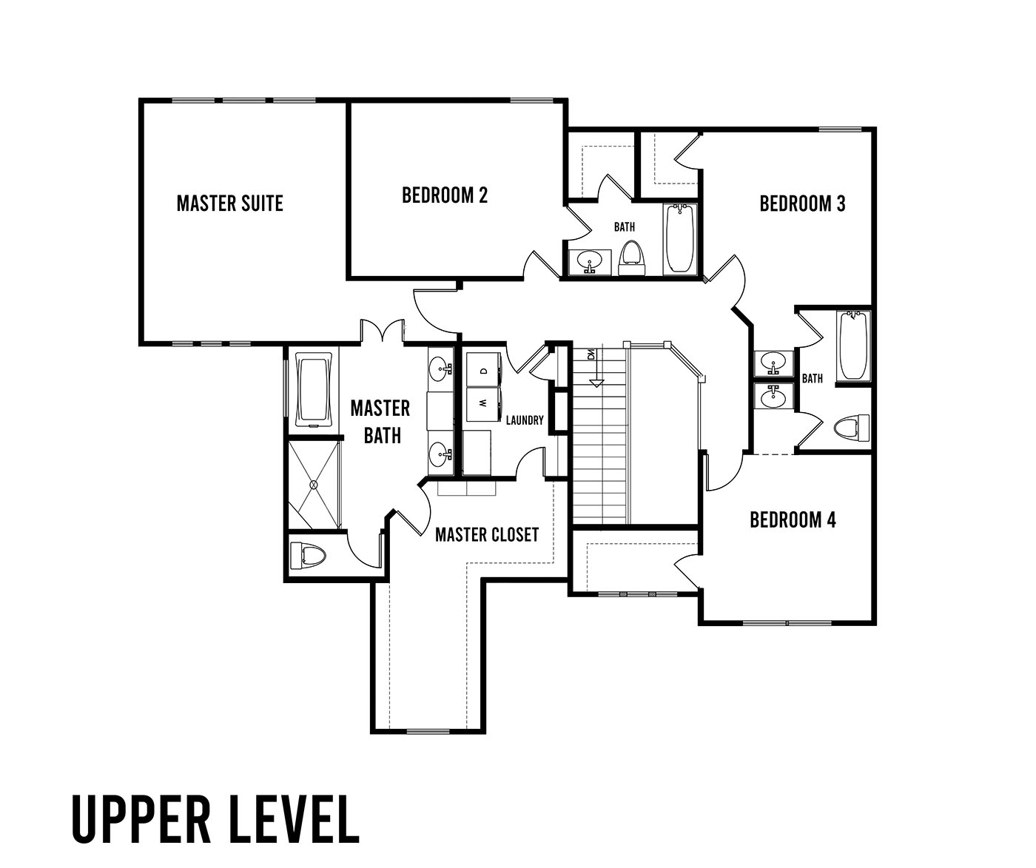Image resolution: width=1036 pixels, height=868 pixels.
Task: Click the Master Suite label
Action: point(229,203)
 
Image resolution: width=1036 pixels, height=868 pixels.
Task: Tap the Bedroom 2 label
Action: point(445,195)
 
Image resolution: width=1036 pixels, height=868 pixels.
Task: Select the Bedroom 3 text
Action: point(802,203)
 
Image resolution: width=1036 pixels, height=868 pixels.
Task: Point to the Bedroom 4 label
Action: point(793,520)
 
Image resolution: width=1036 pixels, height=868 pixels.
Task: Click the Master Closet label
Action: point(487,534)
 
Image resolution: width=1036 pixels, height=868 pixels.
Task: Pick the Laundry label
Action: point(525,420)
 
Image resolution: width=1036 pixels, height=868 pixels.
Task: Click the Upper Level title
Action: point(216,818)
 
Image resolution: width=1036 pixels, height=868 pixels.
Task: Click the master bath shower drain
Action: point(314,484)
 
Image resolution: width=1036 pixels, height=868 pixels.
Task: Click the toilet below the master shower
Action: point(307,555)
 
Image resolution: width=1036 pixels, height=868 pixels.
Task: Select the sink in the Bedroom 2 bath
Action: point(590,261)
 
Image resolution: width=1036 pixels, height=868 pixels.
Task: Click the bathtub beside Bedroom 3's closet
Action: point(680,238)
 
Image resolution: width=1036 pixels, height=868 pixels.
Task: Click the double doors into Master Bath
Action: point(382,332)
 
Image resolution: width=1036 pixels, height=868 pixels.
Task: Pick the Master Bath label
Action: point(381,422)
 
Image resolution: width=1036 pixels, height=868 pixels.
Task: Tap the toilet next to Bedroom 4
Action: point(852,427)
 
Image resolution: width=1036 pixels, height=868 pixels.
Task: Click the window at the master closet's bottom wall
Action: point(428,731)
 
